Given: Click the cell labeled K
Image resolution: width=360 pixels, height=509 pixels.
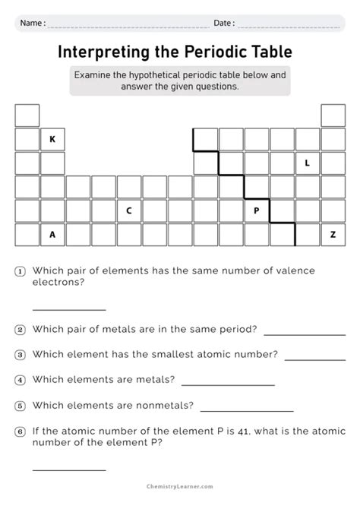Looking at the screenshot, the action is click(52, 139).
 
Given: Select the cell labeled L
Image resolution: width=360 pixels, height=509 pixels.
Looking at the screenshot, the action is click(307, 163).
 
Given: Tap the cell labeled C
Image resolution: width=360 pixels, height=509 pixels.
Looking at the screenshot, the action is click(129, 210).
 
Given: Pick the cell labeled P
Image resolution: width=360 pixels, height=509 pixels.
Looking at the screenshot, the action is click(256, 210).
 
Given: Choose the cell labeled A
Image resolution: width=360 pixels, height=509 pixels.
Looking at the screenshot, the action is click(52, 234).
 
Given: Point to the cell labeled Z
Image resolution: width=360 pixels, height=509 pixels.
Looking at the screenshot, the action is click(333, 234).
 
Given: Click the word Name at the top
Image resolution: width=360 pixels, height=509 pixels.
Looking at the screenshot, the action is click(31, 24).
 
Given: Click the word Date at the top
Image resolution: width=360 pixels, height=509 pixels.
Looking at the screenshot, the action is click(223, 24).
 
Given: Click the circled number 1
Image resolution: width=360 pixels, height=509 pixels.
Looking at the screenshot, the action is click(20, 271).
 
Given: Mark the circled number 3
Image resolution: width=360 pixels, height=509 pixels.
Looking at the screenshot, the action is click(20, 355).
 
